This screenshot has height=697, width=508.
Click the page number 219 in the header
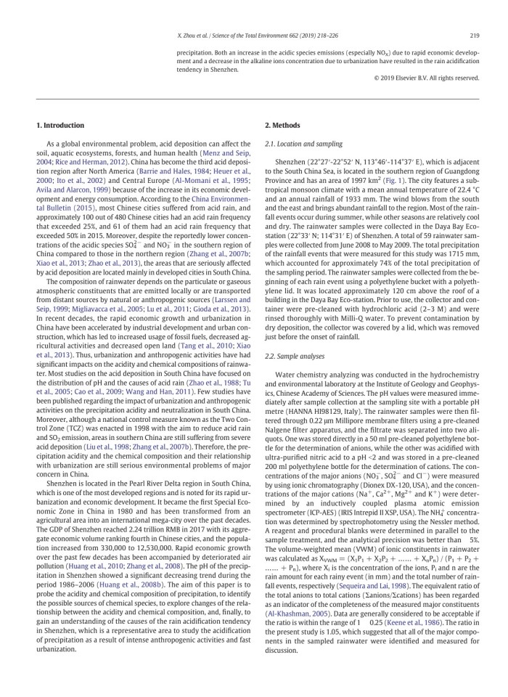coord(475,34)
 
